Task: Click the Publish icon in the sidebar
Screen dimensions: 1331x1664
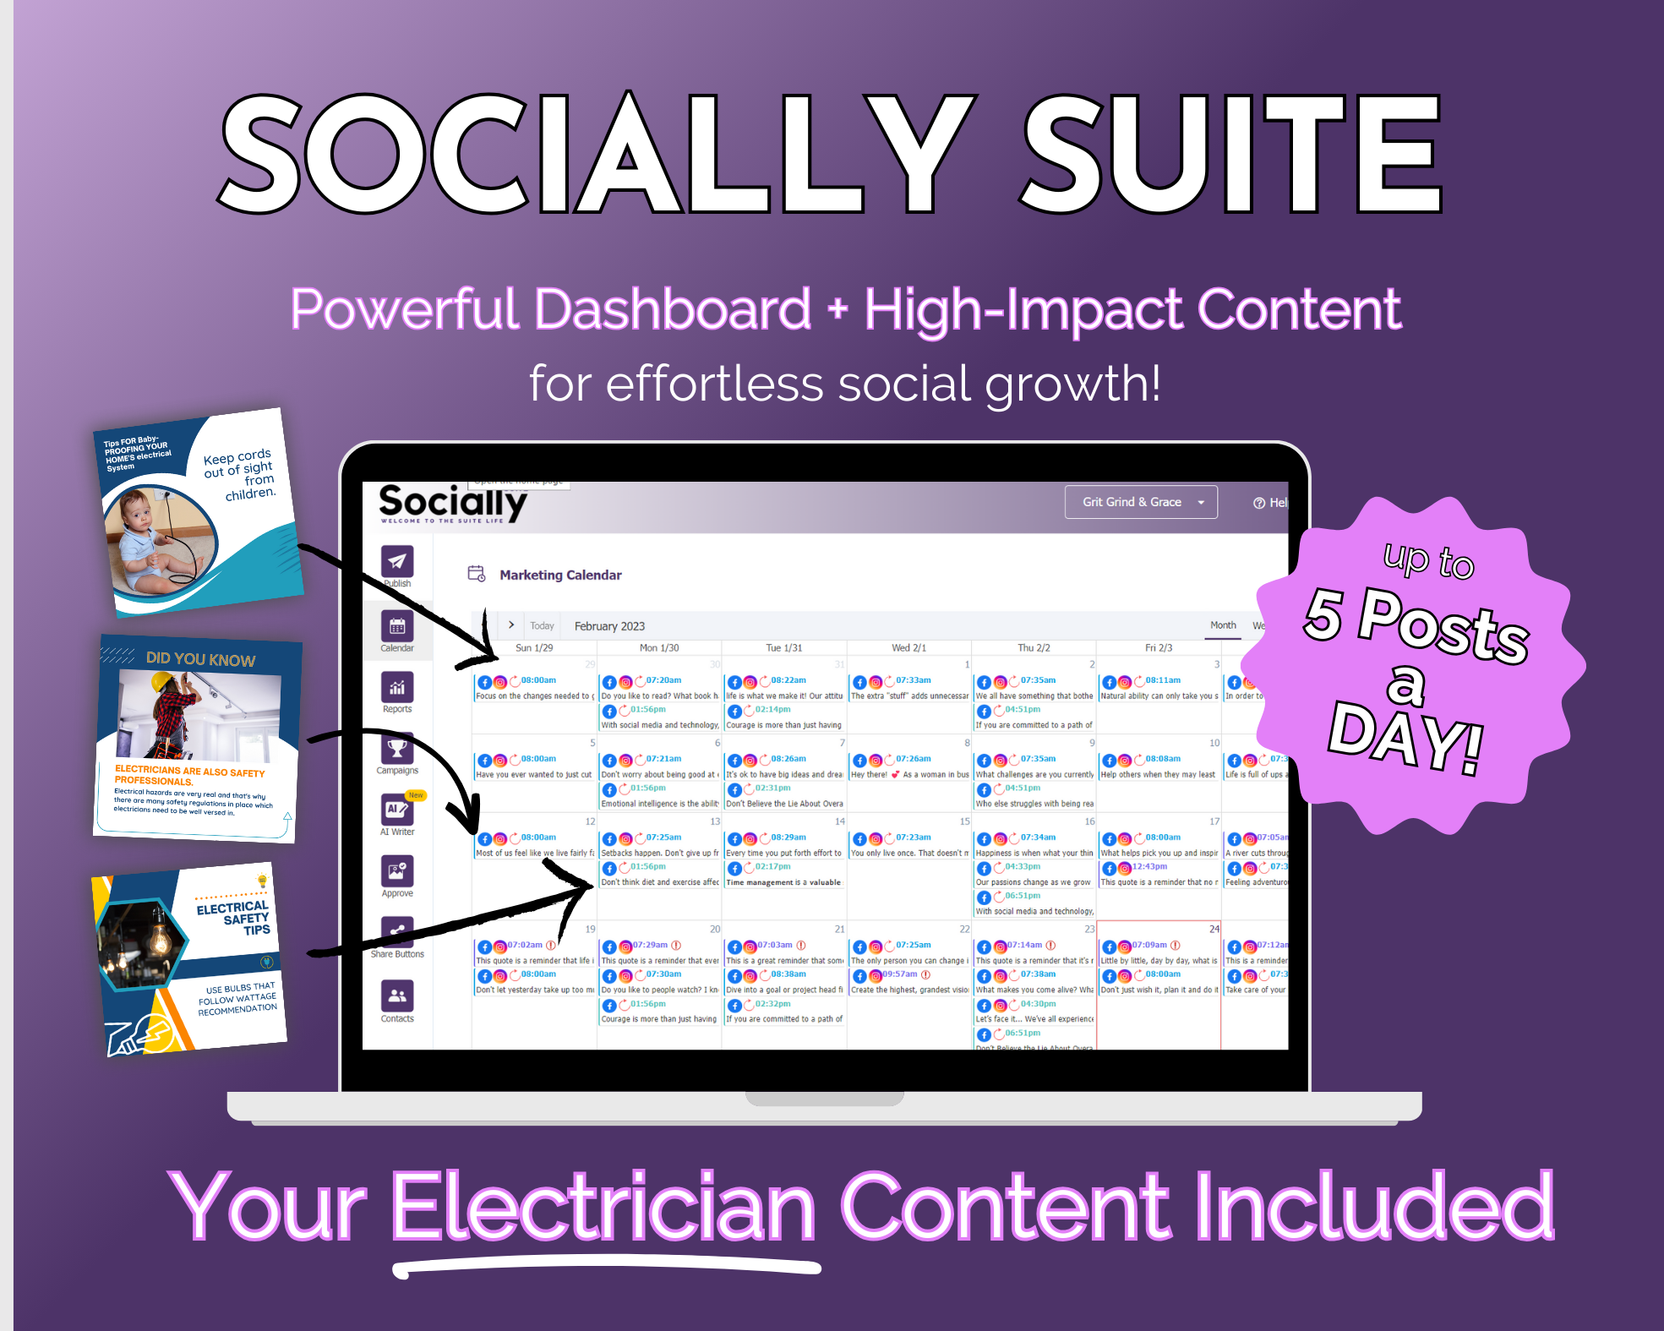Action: [x=397, y=561]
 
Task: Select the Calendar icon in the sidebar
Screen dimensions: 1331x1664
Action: [x=397, y=626]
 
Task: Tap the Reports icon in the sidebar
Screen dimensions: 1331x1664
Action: [x=397, y=687]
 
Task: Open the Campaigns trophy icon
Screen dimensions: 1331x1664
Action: [x=397, y=749]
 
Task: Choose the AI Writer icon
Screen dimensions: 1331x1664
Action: [x=396, y=810]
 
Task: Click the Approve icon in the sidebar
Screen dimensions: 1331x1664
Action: [x=397, y=871]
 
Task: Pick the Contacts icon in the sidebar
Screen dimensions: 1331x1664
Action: [x=397, y=996]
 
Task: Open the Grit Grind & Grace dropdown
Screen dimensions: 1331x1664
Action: [x=1140, y=502]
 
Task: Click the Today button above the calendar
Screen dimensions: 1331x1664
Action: [x=542, y=626]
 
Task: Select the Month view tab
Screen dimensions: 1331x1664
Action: [x=1223, y=625]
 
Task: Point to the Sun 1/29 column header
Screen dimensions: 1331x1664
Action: [x=534, y=648]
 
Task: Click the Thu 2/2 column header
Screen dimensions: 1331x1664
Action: [x=1034, y=648]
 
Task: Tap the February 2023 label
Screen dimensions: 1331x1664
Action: [x=609, y=626]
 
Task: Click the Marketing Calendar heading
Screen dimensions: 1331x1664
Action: [x=560, y=575]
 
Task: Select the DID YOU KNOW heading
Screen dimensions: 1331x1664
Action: [x=200, y=659]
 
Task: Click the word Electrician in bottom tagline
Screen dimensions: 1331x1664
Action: [x=603, y=1208]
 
